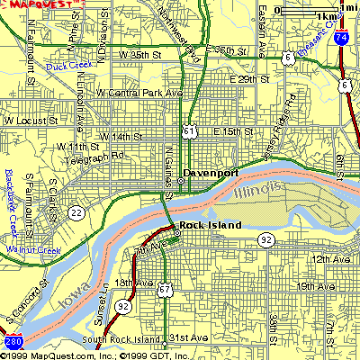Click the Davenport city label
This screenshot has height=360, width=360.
click(210, 171)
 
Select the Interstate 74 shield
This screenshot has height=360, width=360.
click(343, 39)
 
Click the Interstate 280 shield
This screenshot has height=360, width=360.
click(12, 343)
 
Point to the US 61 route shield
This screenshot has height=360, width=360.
click(187, 131)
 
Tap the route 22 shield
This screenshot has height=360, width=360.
click(78, 213)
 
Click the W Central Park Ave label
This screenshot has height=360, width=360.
click(139, 93)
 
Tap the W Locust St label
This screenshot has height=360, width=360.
click(30, 119)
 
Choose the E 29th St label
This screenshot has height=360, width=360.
click(249, 79)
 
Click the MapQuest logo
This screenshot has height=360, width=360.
click(40, 4)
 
